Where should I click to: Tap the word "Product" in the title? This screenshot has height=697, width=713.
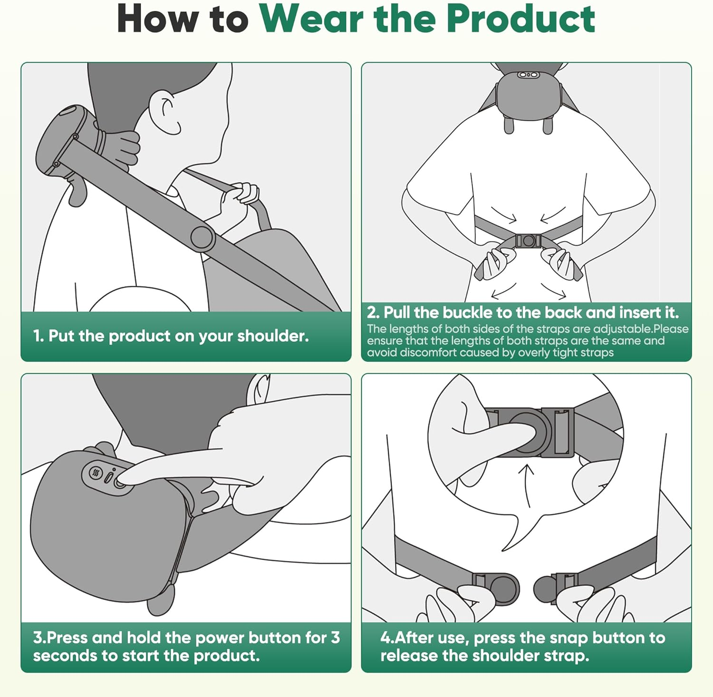[520, 19]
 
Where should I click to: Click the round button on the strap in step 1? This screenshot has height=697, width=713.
[202, 237]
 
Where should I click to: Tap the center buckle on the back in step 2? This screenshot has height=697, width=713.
[528, 241]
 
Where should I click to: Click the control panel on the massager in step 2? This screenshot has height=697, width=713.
[528, 75]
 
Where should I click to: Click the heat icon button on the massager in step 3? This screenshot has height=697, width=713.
[96, 473]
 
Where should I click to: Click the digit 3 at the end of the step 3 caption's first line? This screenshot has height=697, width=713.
[335, 638]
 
